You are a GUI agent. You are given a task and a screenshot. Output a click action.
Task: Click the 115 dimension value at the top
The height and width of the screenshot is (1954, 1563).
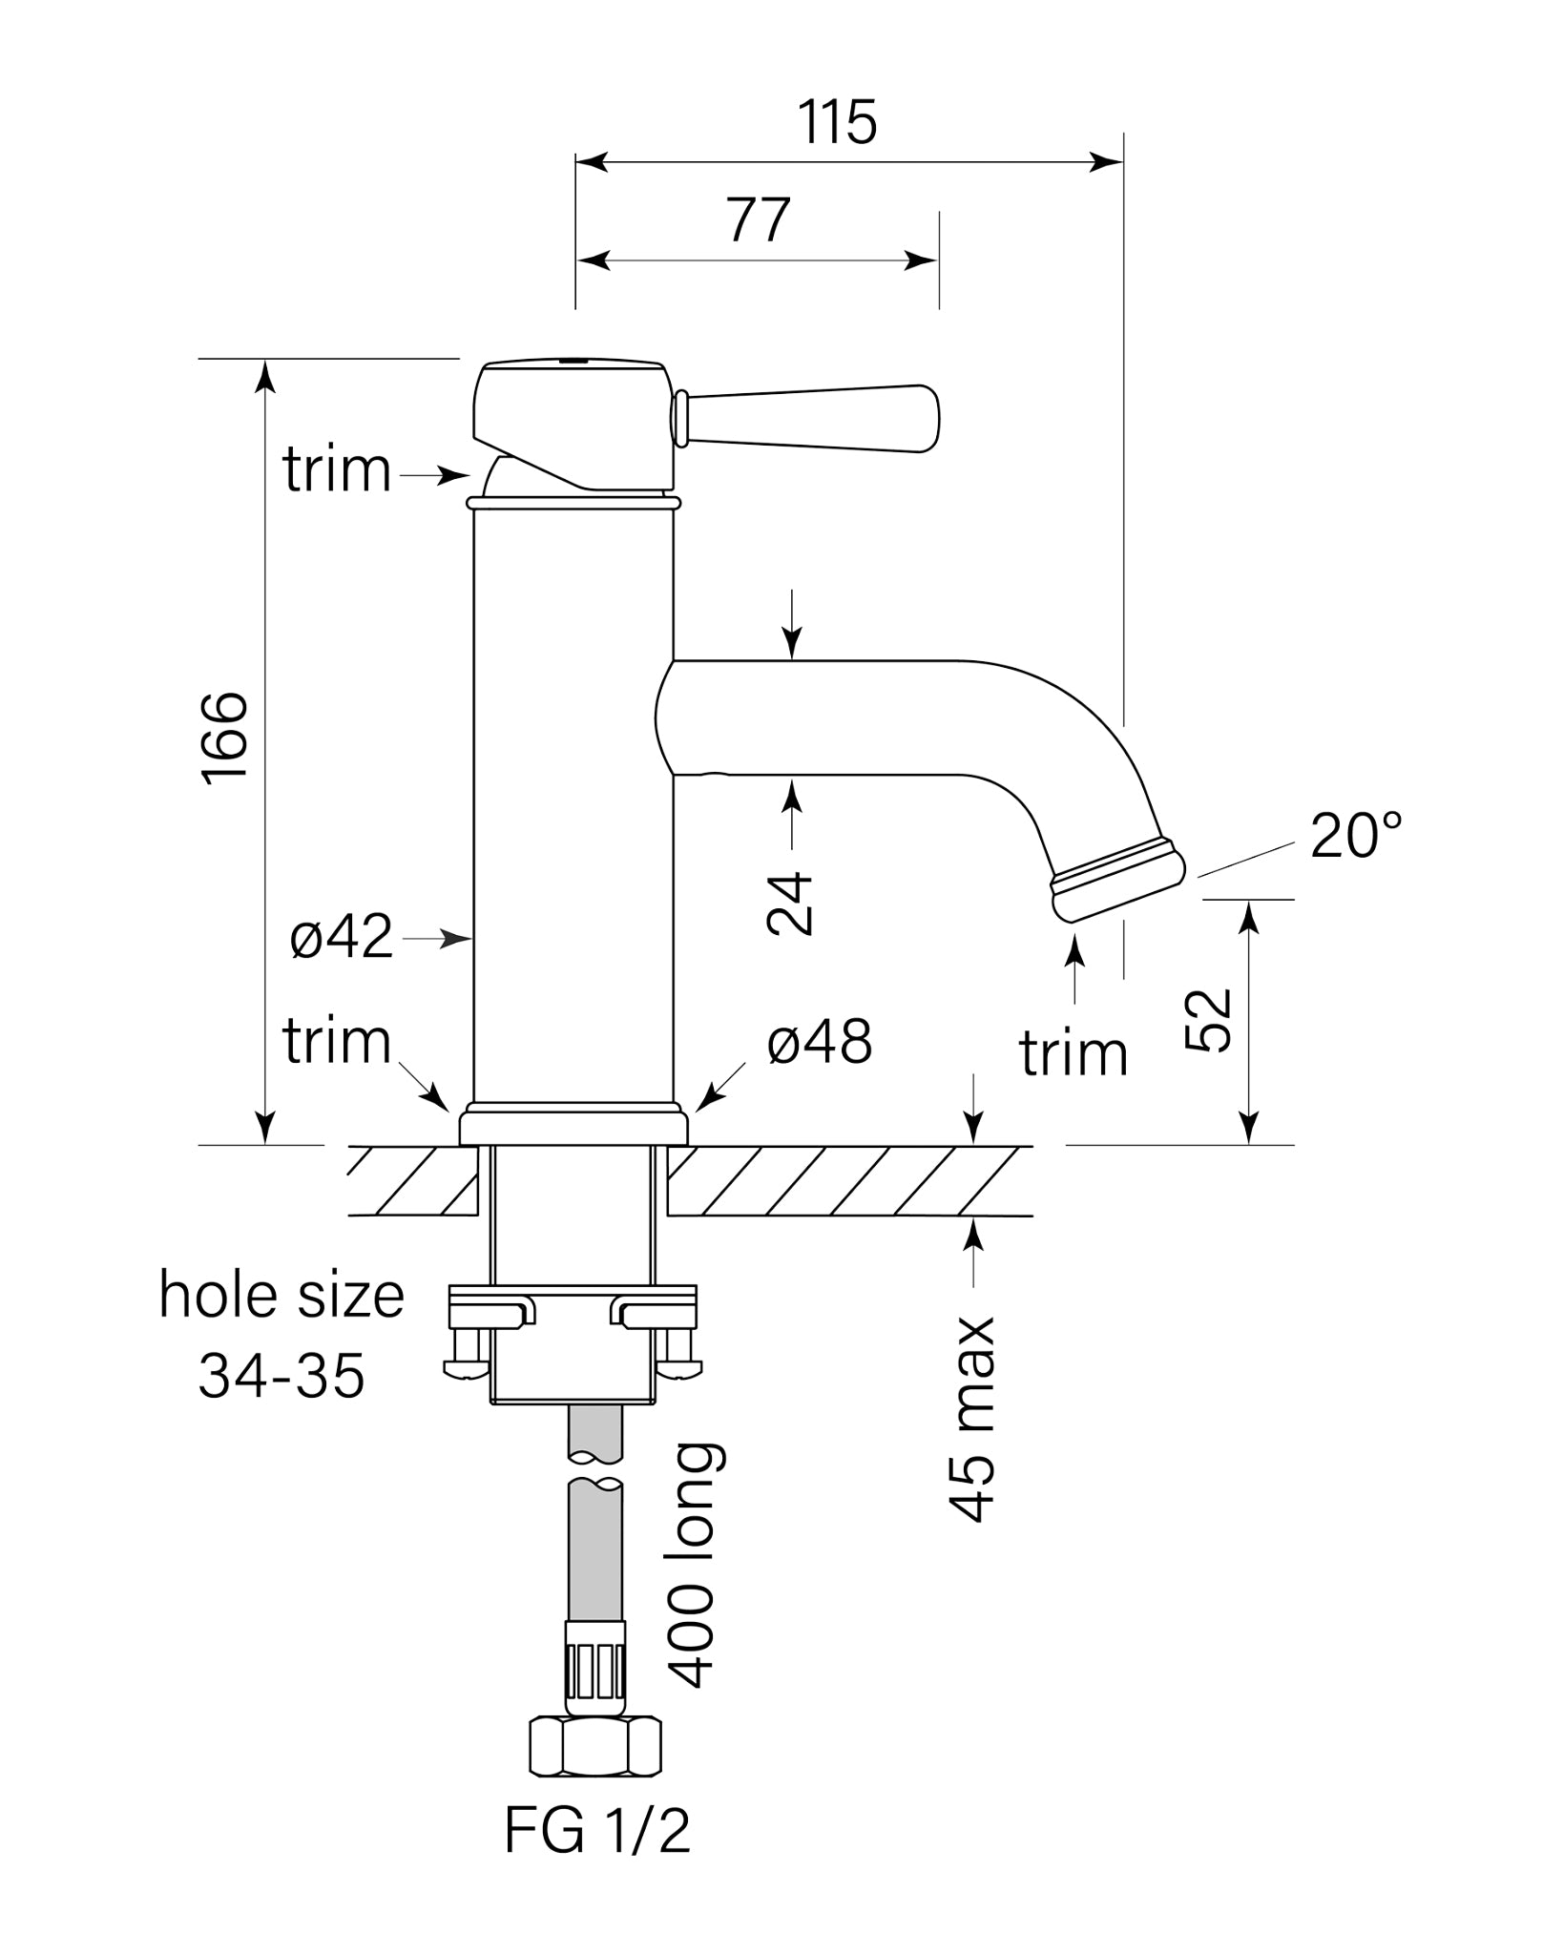point(837,122)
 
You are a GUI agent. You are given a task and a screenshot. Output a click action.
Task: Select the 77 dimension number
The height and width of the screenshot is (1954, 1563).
point(759,220)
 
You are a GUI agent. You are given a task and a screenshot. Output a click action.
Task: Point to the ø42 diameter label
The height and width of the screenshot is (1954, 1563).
point(342,937)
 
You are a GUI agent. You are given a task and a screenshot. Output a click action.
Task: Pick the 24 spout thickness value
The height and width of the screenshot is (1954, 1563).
point(790,904)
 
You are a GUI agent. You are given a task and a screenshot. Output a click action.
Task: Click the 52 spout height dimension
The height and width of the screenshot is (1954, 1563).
point(1209,1021)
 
